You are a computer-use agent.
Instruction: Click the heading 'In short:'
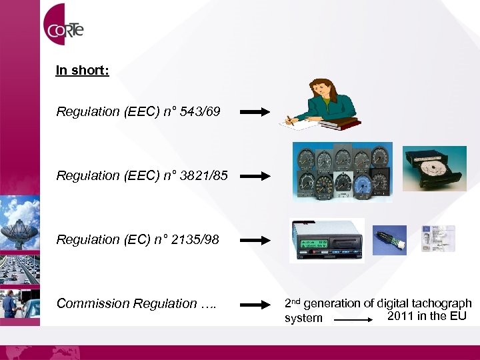(82, 70)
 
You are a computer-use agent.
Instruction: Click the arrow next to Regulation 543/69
(255, 113)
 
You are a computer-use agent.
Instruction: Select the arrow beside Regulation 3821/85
(255, 177)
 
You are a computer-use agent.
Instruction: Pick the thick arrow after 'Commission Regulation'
(255, 305)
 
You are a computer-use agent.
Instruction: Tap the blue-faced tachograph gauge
(363, 183)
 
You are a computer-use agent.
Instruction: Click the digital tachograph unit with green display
(327, 240)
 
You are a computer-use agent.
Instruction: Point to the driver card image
(439, 238)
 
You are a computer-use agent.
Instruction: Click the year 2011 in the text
(400, 315)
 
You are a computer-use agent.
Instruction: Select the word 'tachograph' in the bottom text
(443, 303)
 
